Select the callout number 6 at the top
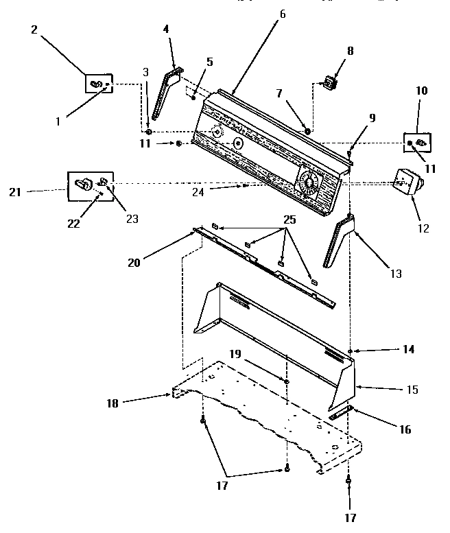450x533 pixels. click(282, 13)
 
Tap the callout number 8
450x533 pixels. click(351, 51)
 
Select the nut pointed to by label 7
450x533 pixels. click(307, 131)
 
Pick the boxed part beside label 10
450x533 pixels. click(416, 142)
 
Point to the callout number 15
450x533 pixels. click(413, 390)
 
